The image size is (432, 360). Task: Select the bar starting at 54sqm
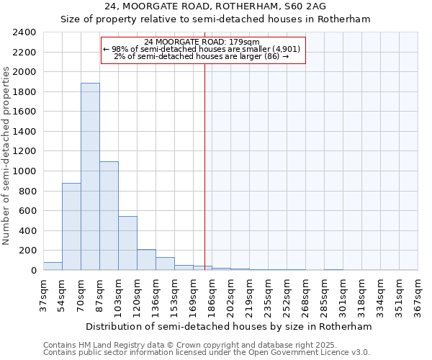pyautogui.click(x=71, y=227)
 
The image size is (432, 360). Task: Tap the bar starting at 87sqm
pyautogui.click(x=109, y=216)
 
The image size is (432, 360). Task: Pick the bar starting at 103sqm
pyautogui.click(x=127, y=243)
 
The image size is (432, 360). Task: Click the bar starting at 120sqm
pyautogui.click(x=146, y=260)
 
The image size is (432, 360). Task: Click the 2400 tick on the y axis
pyautogui.click(x=24, y=32)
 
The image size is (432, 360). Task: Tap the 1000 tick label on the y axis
pyautogui.click(x=24, y=171)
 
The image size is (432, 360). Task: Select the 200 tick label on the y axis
pyautogui.click(x=27, y=251)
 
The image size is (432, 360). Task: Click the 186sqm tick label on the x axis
pyautogui.click(x=212, y=293)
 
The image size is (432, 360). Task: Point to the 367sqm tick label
pyautogui.click(x=418, y=293)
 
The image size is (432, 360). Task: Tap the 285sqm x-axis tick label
pyautogui.click(x=324, y=293)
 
